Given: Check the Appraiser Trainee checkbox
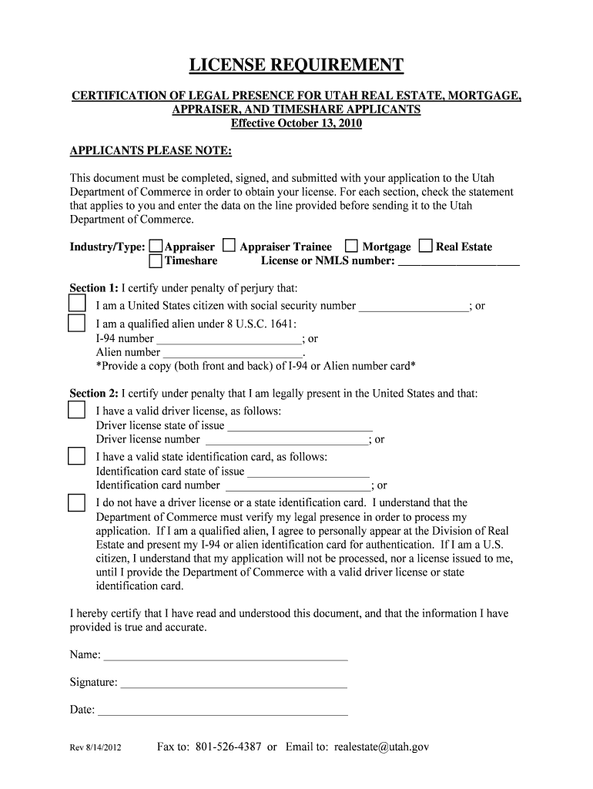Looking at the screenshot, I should [x=229, y=246].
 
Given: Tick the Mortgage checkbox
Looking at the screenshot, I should [x=351, y=246].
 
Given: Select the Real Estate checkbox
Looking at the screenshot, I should [x=425, y=246].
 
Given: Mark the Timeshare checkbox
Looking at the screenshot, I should [x=156, y=261].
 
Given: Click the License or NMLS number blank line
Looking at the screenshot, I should [x=459, y=262].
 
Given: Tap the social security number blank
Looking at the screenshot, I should [x=414, y=307].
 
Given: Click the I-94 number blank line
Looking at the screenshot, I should [x=228, y=339].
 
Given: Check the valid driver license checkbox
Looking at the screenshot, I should [x=77, y=409].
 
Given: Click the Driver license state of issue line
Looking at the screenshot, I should [x=300, y=426].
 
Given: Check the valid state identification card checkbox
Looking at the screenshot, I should [x=77, y=456].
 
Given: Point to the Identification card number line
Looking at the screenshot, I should [x=297, y=486].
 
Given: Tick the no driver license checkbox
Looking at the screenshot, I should [x=77, y=502].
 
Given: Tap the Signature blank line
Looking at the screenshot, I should [x=233, y=683].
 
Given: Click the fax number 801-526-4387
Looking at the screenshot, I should [x=229, y=747].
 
